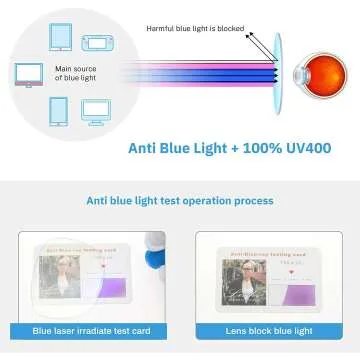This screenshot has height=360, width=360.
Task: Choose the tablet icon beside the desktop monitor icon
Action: coord(57,110)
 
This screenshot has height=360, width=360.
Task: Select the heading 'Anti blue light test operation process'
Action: coord(179,200)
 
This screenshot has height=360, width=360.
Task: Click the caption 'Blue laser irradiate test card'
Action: coord(90,331)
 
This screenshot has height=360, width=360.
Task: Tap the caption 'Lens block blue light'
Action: coord(267,331)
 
